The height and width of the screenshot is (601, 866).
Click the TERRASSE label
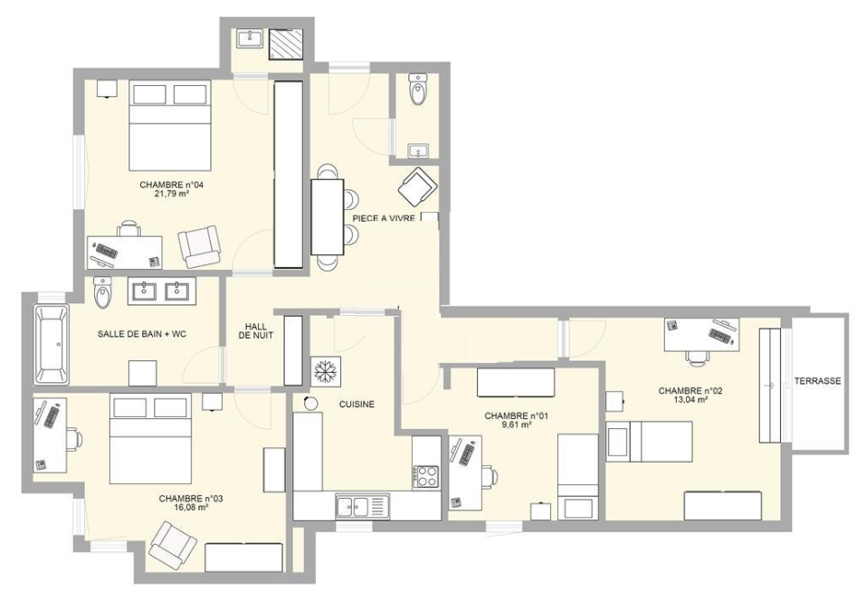(x=818, y=381)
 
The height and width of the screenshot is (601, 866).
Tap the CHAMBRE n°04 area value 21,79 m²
(x=171, y=194)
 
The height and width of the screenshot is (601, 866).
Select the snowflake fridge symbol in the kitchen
(x=324, y=371)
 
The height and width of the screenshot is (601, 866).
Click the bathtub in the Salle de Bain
(x=51, y=343)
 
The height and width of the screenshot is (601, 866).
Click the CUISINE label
(x=357, y=405)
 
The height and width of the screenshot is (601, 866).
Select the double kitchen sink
(x=359, y=505)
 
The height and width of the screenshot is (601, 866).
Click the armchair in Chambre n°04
(x=198, y=246)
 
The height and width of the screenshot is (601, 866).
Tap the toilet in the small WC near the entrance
(x=418, y=91)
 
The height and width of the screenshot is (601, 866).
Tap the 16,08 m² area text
(x=185, y=508)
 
